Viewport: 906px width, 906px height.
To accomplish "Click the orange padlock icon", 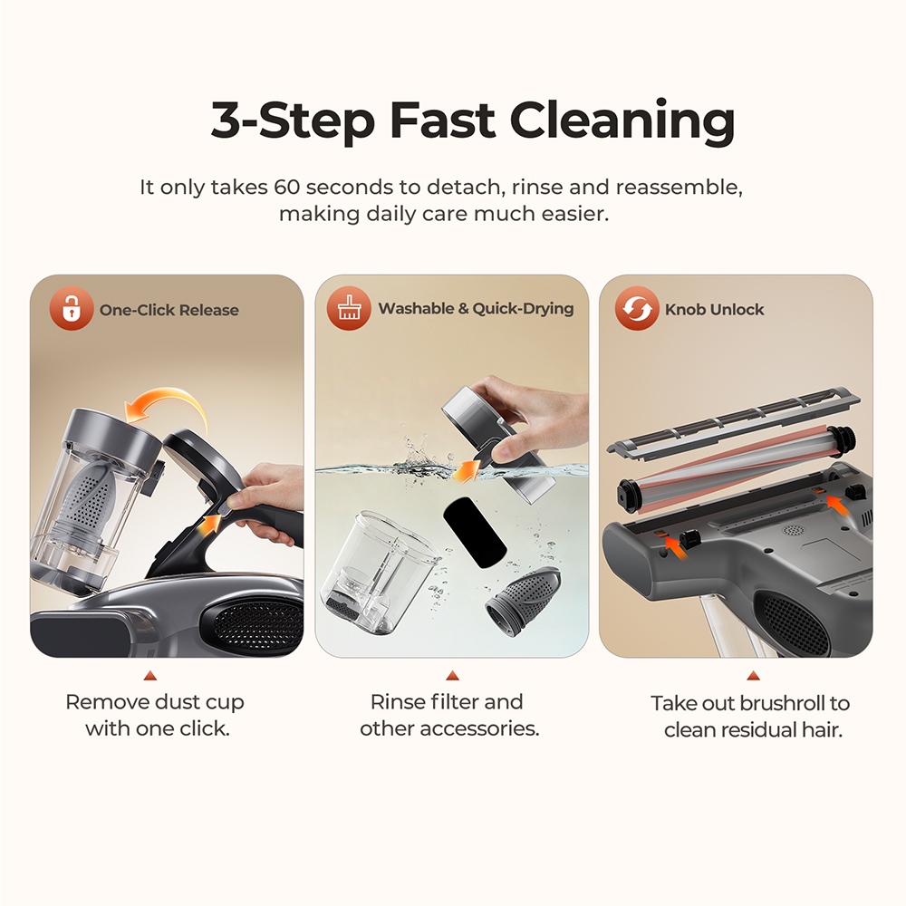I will point(71,309).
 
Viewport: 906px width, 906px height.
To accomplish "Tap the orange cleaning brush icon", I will point(349,308).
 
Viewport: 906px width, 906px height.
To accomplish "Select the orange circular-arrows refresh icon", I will point(637,309).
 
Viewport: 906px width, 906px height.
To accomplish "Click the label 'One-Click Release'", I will point(169,310).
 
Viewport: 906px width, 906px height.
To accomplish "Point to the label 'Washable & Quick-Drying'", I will point(476,309).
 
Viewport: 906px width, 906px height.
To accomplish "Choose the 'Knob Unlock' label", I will point(714,310).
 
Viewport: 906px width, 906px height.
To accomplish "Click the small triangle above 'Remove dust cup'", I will point(150,676).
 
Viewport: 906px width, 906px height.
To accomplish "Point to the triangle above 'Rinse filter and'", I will point(451,676).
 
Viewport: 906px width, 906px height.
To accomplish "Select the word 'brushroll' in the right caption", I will point(780,704).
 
